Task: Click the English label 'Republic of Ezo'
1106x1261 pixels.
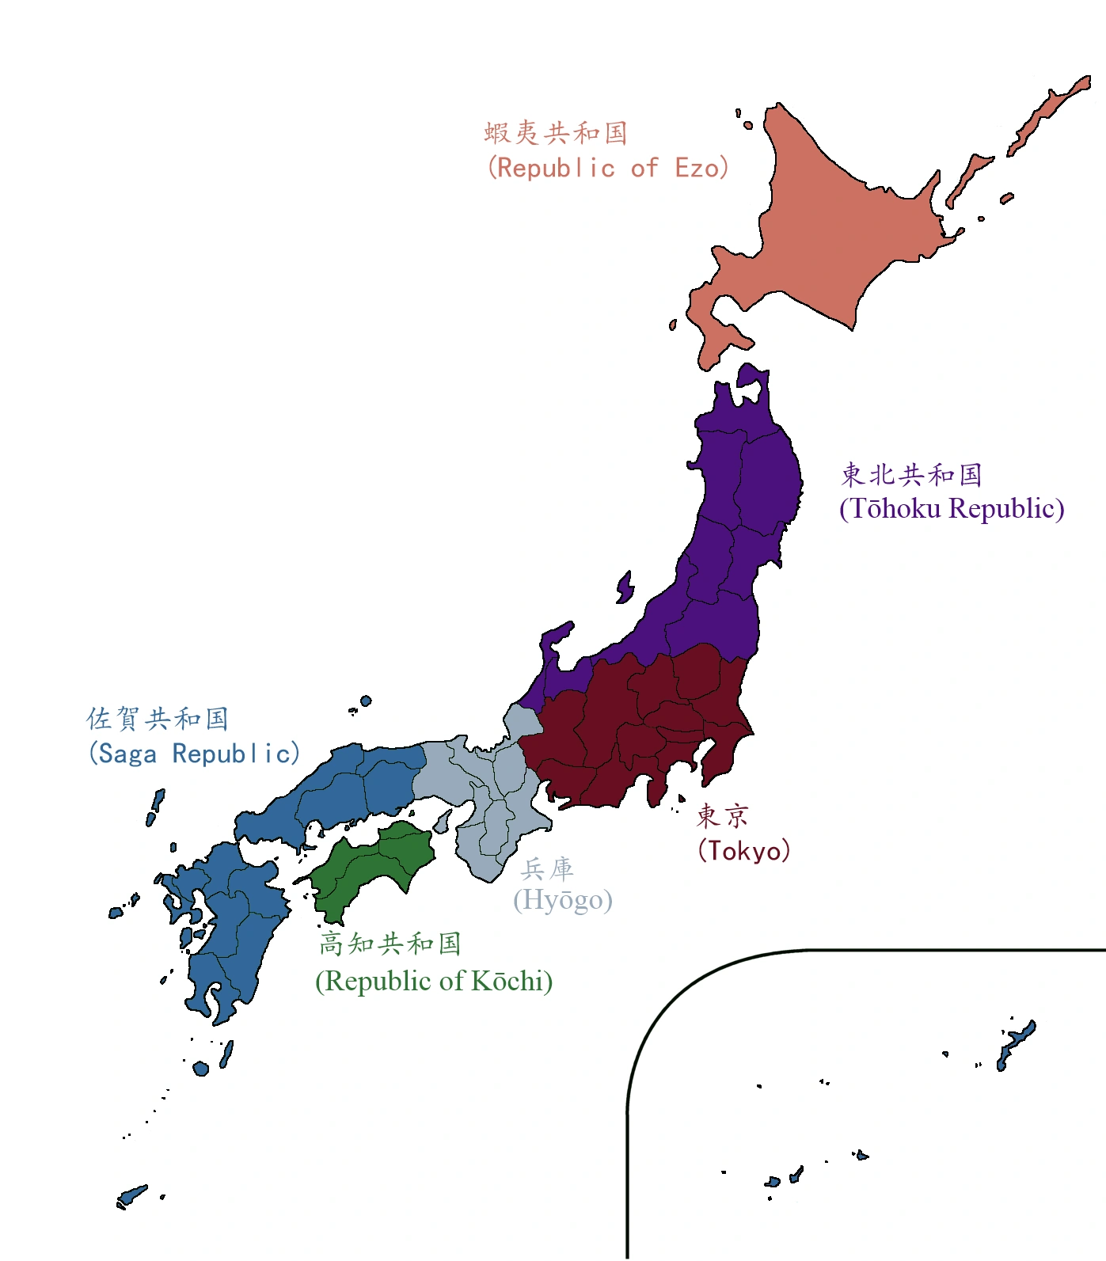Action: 607,168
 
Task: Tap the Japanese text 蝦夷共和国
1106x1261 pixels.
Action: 556,132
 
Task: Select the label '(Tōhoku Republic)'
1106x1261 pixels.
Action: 952,508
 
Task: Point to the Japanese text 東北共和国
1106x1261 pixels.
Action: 911,474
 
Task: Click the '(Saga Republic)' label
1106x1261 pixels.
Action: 194,753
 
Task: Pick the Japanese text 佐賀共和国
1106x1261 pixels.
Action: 158,718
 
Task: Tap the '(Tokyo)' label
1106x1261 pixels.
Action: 743,850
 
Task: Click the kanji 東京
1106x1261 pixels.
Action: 722,815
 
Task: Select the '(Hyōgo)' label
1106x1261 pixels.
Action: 563,900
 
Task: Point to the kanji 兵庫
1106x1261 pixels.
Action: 547,868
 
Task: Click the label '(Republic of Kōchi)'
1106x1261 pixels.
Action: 434,981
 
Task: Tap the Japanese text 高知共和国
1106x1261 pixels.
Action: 390,943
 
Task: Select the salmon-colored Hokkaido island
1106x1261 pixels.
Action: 831,237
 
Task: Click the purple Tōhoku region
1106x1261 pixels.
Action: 744,507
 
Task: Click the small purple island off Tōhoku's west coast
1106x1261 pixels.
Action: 625,587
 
